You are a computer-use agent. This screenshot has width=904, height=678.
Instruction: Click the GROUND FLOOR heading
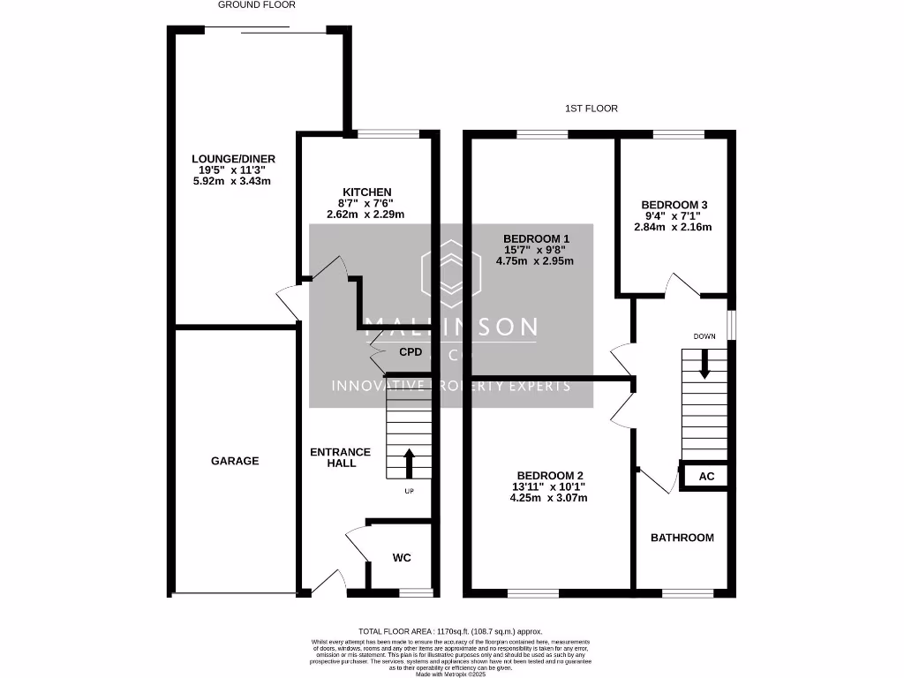[x=257, y=4]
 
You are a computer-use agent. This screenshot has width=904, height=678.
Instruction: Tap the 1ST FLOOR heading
[x=591, y=109]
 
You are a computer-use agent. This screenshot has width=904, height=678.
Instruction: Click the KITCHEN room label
[x=366, y=192]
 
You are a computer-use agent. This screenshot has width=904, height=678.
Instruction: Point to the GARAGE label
[x=235, y=461]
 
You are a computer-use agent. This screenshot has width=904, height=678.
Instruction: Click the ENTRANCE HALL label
[x=340, y=457]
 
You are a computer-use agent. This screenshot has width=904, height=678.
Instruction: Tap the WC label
[x=402, y=558]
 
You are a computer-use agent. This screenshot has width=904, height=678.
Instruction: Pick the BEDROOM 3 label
[x=674, y=205]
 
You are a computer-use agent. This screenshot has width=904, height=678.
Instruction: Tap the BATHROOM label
[x=682, y=538]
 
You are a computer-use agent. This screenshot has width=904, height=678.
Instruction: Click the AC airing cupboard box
[x=705, y=477]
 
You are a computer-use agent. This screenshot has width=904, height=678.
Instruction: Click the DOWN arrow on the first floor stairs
[x=704, y=364]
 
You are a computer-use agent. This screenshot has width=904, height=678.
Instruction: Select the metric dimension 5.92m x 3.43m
[x=231, y=181]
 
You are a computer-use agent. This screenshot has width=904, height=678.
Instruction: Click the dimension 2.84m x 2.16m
[x=673, y=227]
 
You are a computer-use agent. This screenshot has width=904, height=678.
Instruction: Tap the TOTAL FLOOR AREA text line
[x=451, y=632]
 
